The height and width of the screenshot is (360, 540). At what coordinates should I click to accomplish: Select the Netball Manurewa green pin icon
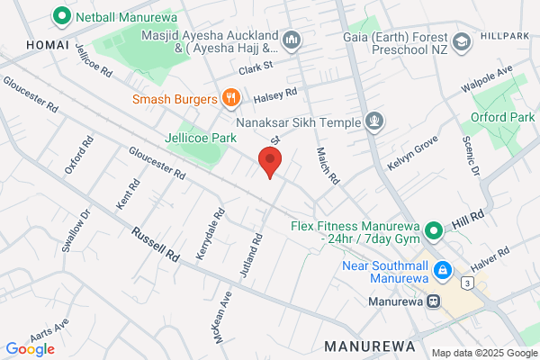[x=62, y=15]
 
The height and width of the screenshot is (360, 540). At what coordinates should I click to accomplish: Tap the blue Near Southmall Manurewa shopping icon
[x=442, y=270]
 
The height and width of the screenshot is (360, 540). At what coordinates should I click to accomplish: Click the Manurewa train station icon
[x=434, y=301]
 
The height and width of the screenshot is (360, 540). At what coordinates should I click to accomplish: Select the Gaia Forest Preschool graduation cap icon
[x=461, y=40]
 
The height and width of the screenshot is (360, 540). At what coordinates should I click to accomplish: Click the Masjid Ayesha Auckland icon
[x=291, y=40]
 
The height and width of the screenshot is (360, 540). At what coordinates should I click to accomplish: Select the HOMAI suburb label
[x=23, y=44]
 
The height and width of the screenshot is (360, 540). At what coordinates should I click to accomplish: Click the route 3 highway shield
[x=467, y=283]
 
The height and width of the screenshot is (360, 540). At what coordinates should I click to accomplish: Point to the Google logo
[x=30, y=349]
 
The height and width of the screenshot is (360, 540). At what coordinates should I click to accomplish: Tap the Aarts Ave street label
[x=49, y=327]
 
